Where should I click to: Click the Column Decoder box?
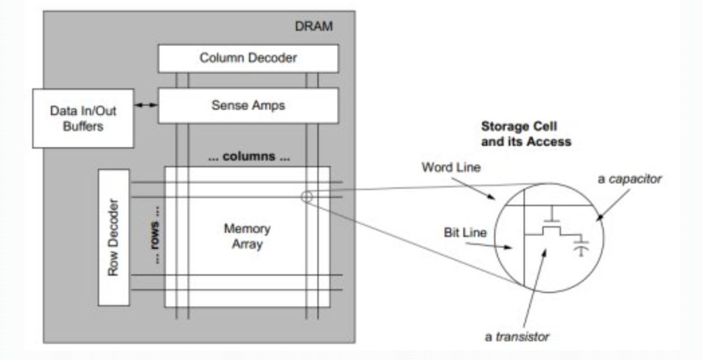[x=248, y=58]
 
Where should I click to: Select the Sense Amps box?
[x=248, y=106]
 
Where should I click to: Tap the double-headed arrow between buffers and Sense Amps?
[x=147, y=104]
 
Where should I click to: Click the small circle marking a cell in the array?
[x=307, y=197]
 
